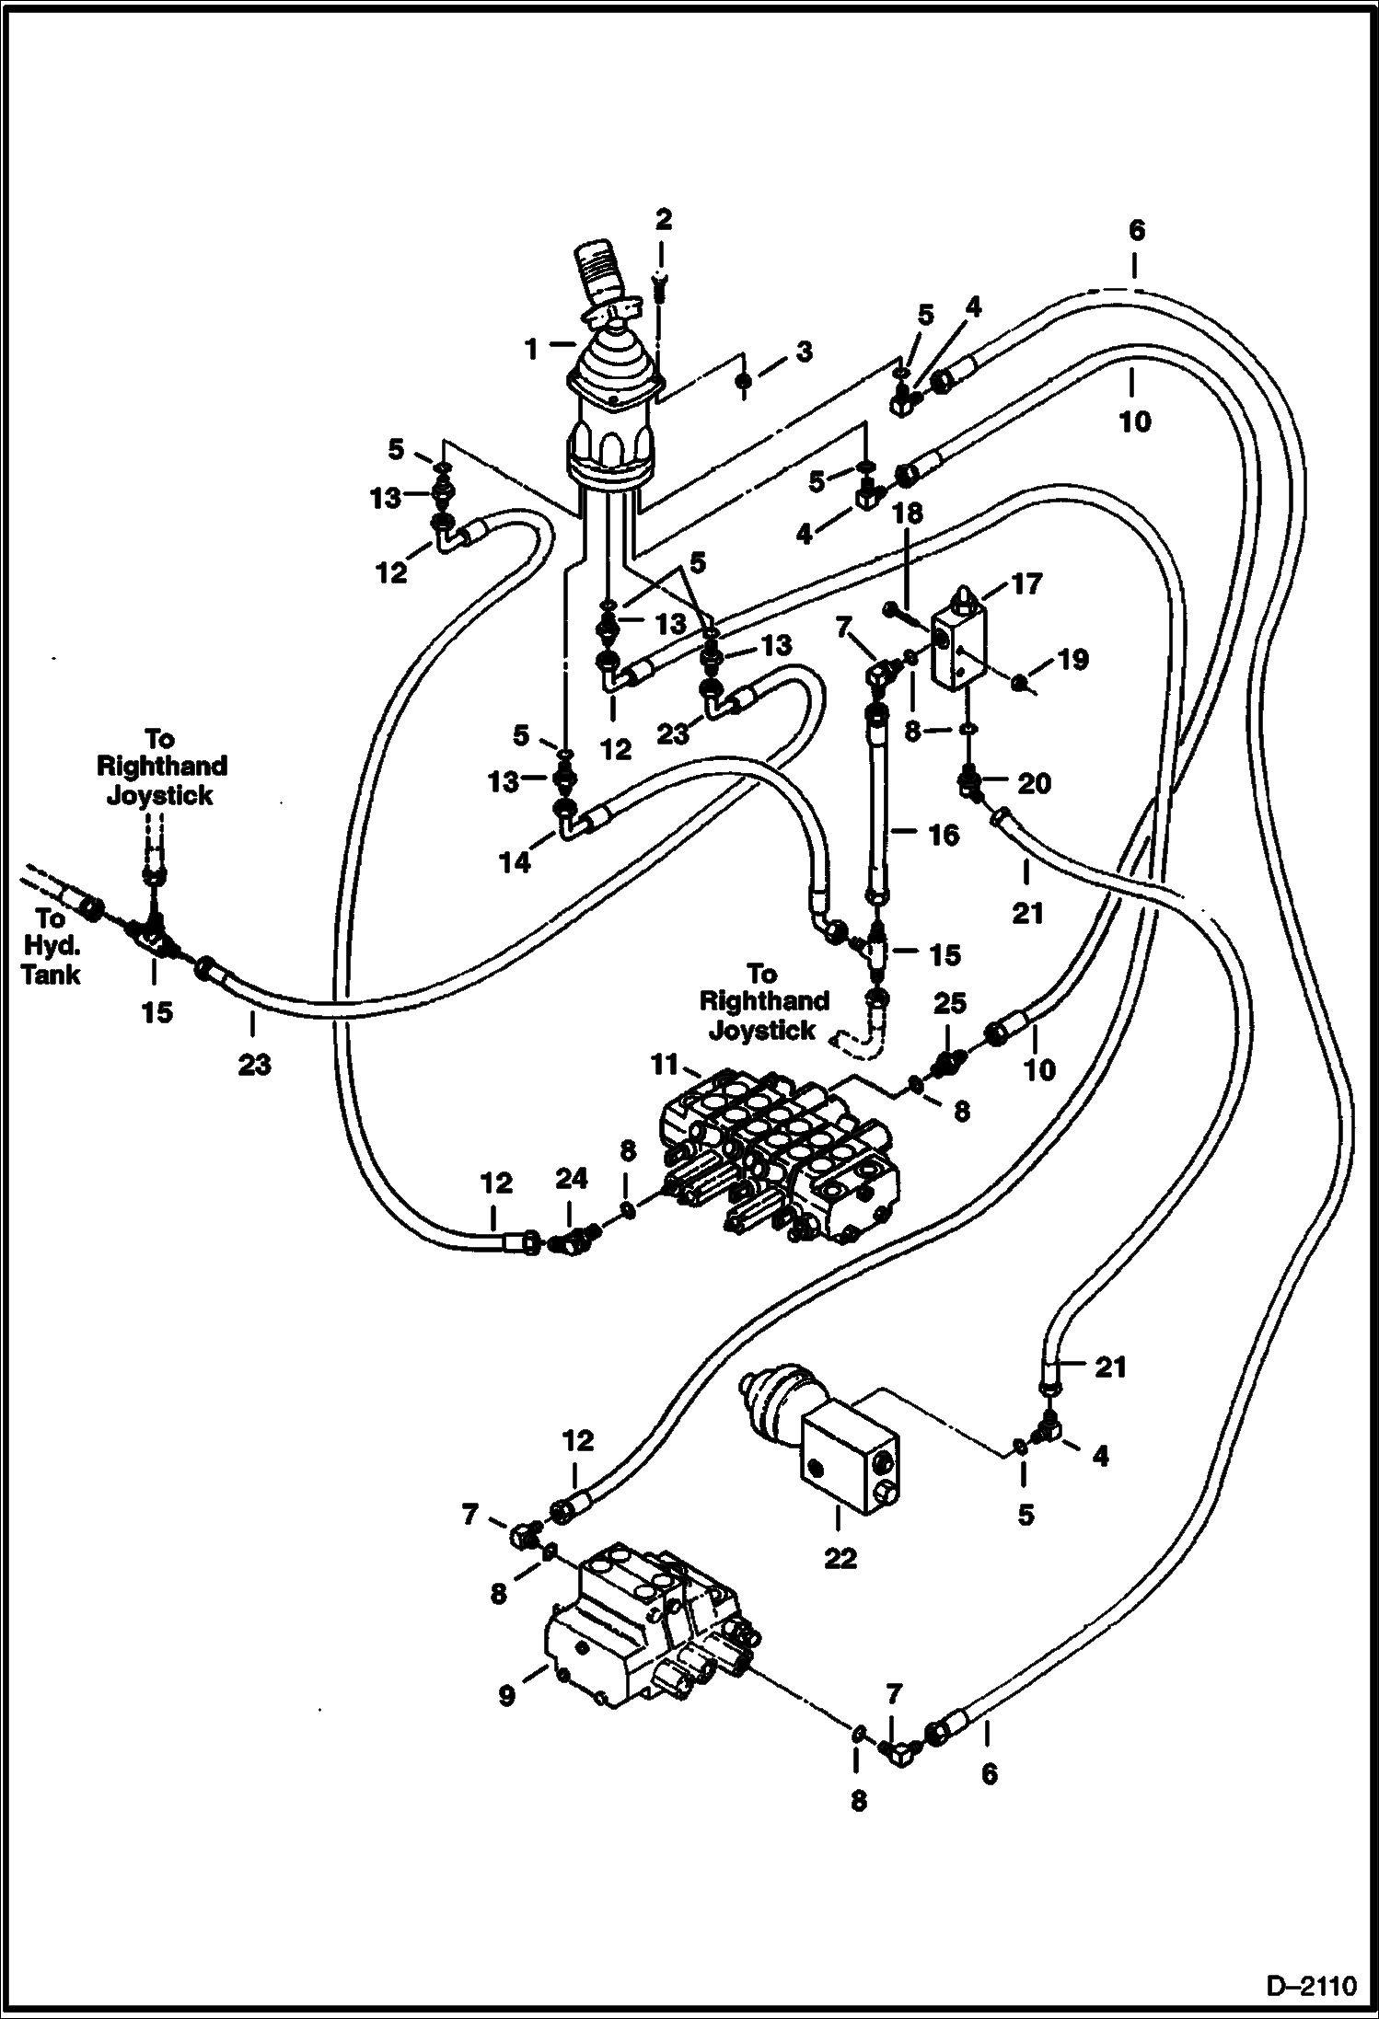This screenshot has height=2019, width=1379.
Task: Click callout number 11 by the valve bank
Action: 664,1066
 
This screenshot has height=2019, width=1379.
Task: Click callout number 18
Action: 908,513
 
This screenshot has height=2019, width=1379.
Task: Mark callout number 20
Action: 1034,783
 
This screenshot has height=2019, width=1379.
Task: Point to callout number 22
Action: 840,1557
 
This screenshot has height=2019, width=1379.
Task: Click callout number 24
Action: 571,1179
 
